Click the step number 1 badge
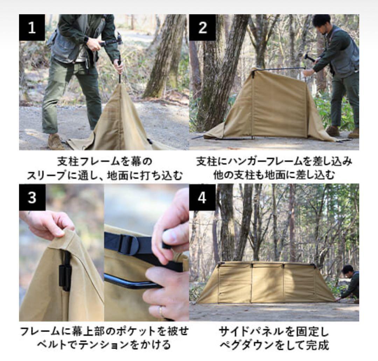pos(32,28)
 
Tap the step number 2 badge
pos(202,28)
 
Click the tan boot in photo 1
pos(56,142)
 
